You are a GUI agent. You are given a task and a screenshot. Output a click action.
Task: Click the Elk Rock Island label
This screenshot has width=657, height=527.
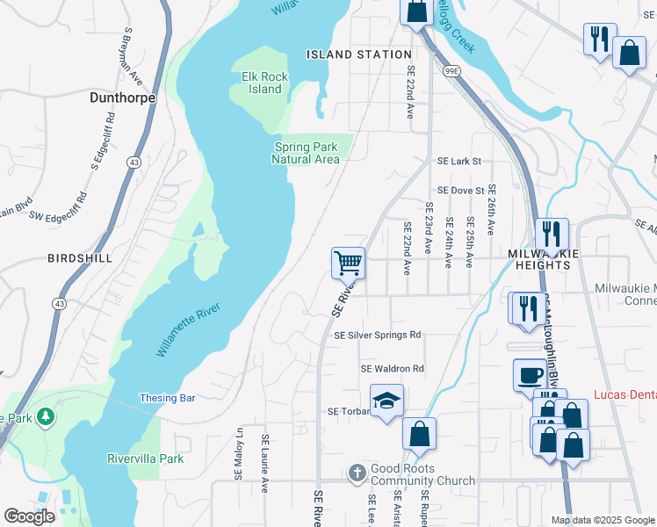(x=264, y=83)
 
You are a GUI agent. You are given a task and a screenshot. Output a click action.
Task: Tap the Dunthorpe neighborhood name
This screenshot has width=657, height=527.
(x=123, y=99)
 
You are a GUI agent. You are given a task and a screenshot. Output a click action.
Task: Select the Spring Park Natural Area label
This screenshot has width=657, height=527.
(x=305, y=153)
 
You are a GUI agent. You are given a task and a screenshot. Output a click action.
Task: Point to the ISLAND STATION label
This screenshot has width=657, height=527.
(x=359, y=54)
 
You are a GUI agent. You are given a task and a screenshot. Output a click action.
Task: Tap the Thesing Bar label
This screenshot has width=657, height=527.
(x=167, y=398)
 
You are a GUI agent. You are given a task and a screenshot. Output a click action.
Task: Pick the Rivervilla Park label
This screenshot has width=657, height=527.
(x=145, y=458)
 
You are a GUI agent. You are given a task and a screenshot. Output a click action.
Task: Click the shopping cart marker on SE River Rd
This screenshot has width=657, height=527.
(x=349, y=262)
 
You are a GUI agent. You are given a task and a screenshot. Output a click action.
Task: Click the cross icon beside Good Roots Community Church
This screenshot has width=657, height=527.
(x=357, y=473)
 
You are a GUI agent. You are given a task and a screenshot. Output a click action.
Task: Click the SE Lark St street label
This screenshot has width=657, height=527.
(x=459, y=162)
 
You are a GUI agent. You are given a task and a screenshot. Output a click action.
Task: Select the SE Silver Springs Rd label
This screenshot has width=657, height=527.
(x=378, y=335)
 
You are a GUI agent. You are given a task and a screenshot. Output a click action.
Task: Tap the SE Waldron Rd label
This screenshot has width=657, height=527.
(x=393, y=369)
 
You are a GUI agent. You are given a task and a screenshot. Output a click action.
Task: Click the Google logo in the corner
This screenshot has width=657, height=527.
(x=30, y=516)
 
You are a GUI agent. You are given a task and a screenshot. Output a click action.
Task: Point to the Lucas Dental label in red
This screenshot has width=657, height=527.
(x=625, y=396)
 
